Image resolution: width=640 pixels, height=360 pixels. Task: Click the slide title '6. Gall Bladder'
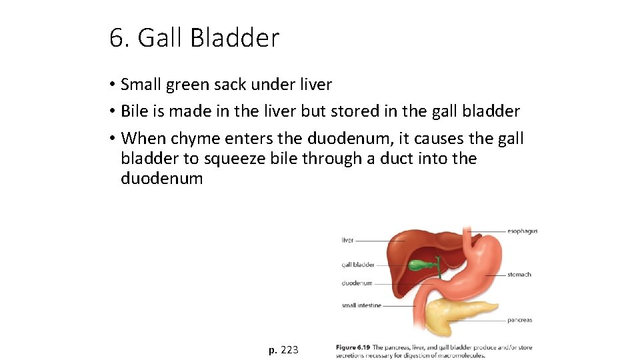point(194,38)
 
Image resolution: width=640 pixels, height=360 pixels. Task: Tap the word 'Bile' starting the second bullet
point(135,111)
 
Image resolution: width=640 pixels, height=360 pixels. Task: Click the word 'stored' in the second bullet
point(369,111)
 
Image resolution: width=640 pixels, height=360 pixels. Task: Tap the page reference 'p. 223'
point(283,349)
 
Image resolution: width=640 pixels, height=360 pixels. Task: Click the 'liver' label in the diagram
point(347,240)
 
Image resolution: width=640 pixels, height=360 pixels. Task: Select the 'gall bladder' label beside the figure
point(357,265)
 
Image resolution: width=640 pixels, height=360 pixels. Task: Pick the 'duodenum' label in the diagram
point(357,283)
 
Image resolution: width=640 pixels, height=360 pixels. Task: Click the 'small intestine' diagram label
point(361,305)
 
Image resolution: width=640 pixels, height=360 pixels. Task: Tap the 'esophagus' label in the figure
point(522,231)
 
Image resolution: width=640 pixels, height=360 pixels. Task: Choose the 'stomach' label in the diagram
point(519,274)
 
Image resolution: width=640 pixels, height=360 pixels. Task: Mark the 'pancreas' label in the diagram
point(519,320)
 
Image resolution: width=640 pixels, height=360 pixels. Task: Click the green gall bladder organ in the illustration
point(419,265)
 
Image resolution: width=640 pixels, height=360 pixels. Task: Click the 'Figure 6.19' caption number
point(353,347)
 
